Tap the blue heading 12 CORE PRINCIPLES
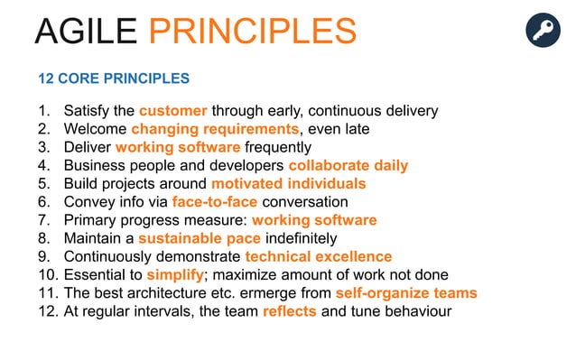(x=114, y=78)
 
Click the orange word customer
(x=173, y=111)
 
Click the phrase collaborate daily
(x=348, y=166)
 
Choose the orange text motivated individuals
(x=288, y=184)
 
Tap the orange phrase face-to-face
(x=214, y=202)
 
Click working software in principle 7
(x=313, y=220)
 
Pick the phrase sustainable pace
(x=199, y=239)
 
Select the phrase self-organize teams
(x=405, y=293)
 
